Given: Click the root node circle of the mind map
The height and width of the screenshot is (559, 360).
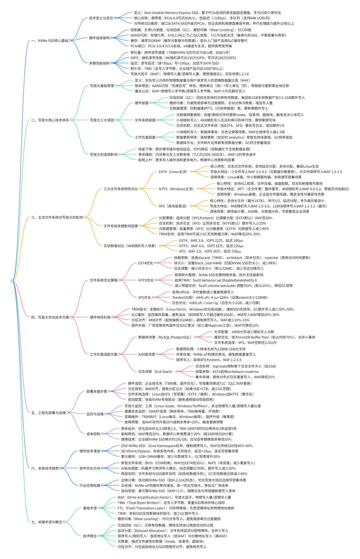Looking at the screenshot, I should coord(12,281).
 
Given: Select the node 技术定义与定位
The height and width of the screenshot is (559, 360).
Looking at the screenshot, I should coord(101,18).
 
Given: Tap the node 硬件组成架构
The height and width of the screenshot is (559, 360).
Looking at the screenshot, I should coord(99,38).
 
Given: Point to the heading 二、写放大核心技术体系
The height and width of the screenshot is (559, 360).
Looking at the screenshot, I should coord(50,120).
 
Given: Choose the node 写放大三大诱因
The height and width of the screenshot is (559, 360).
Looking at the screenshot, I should coord(102,120).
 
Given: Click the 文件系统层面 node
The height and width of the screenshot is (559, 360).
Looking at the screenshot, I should coord(145,120).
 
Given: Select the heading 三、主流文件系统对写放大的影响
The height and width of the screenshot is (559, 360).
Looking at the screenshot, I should coord(57,218).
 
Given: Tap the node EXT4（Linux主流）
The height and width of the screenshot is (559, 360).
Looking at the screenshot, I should coord(173,172).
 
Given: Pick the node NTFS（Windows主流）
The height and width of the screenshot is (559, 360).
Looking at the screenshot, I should coord(176,189).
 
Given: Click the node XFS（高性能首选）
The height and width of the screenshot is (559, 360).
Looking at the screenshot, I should coord(173,206).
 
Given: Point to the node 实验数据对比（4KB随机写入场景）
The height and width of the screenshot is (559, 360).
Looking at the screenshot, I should coord(130,246).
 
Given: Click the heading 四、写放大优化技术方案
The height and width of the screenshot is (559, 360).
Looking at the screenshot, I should coord(50,317).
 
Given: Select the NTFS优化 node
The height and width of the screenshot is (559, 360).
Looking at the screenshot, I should coord(146,280).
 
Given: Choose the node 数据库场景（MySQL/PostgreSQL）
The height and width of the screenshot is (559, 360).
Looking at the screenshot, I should coord(165,337).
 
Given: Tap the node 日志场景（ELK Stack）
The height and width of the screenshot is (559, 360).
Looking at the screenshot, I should coord(155,372).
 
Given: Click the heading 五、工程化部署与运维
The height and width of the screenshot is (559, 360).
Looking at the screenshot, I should coord(48,413).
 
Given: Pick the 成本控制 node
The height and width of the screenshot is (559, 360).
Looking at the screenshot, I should coord(93,434).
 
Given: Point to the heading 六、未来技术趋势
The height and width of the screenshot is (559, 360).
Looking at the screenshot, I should coord(45,468).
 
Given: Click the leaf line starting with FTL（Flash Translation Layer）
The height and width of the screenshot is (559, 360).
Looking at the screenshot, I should coord(176,508).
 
